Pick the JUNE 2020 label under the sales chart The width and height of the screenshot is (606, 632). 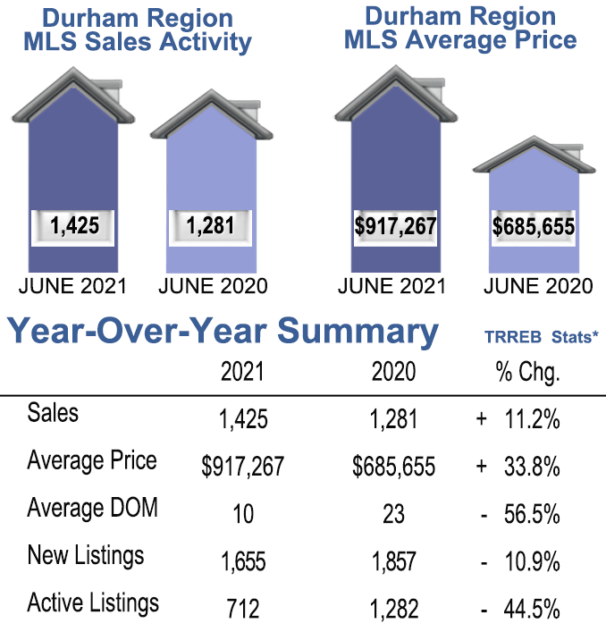[213, 287]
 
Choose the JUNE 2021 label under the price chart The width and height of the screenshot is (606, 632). [392, 287]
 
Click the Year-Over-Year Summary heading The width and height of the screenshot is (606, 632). [223, 332]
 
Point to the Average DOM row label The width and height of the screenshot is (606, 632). [92, 508]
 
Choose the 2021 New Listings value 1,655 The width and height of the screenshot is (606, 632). [242, 561]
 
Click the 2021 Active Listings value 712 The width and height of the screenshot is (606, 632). [242, 609]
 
